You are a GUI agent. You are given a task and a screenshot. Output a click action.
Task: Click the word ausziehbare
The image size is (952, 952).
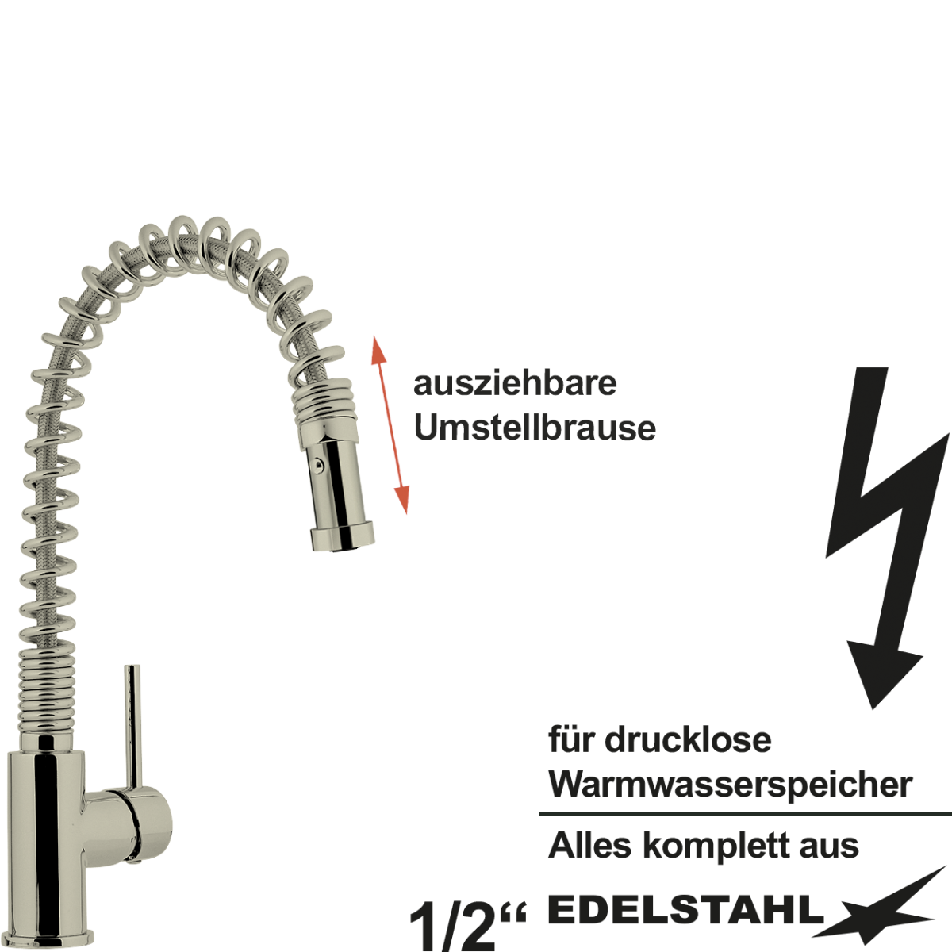coord(515,384)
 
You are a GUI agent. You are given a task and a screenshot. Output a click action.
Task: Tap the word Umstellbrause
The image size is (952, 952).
coord(535,428)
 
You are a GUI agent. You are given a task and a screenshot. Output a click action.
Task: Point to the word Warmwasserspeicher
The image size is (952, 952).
coord(730,798)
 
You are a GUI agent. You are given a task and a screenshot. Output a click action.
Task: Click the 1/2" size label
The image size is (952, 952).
coord(466,925)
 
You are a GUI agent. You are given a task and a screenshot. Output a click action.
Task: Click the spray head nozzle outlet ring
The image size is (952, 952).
coord(342,538)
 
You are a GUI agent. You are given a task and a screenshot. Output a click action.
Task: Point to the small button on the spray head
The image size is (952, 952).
coord(317,464)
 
